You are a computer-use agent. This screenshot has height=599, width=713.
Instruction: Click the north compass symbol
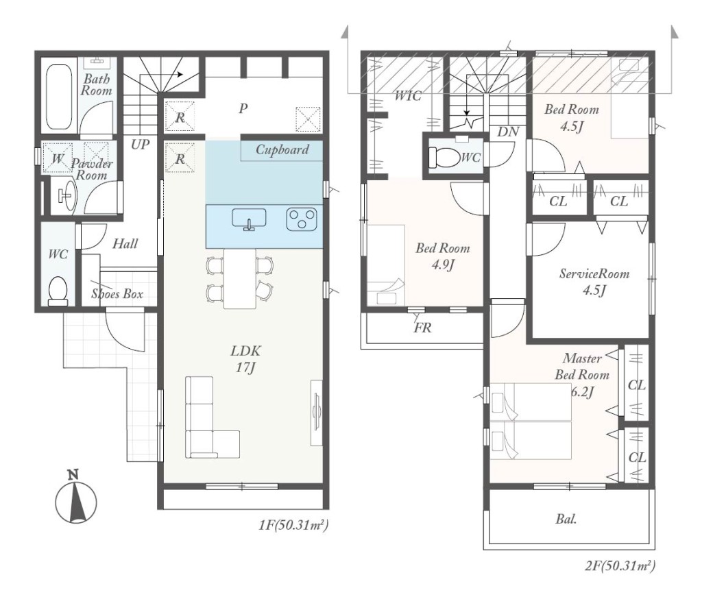[75, 499]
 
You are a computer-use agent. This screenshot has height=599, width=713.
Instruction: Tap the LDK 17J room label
[245, 358]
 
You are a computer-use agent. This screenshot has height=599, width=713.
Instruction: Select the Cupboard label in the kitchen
[282, 149]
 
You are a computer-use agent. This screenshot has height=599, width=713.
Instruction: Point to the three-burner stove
[302, 219]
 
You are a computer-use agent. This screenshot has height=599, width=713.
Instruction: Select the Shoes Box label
[117, 293]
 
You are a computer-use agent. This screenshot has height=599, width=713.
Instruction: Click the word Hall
[125, 243]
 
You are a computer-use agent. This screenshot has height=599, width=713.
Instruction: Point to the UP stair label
[140, 145]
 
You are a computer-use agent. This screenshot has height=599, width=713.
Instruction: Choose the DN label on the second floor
[508, 132]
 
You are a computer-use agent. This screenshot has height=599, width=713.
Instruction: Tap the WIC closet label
[408, 95]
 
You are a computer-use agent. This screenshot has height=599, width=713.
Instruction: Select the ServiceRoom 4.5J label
[594, 282]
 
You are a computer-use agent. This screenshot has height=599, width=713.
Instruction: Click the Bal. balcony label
[566, 519]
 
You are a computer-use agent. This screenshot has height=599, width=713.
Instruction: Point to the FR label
[422, 327]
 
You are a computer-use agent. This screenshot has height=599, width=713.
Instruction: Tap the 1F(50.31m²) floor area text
[293, 526]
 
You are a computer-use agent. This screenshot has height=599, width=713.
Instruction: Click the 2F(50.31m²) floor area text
[620, 566]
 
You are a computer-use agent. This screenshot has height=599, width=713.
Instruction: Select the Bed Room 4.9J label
[443, 256]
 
